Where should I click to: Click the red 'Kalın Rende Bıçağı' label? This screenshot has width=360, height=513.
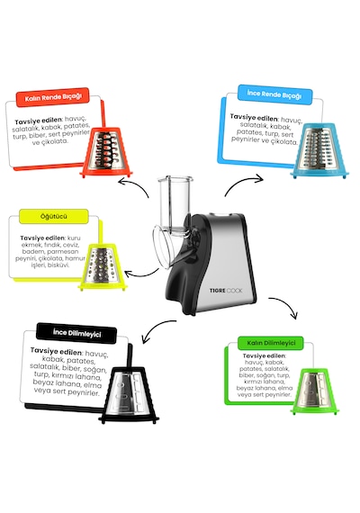coord(53,97)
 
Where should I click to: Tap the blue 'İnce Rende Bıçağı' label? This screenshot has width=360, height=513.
coord(274,94)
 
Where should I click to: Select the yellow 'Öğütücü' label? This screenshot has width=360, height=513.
coord(54,217)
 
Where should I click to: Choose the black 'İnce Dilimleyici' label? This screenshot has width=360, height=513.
coord(76,333)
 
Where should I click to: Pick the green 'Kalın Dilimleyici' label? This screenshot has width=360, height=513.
coord(271,343)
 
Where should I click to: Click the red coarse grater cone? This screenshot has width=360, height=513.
coord(105,152)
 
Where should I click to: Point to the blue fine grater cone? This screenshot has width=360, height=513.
coord(319,151)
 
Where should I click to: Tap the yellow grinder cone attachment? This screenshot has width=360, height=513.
coord(103,266)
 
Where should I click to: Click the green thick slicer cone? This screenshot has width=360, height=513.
coord(314,391)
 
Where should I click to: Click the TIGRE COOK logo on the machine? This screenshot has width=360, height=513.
coord(226,291)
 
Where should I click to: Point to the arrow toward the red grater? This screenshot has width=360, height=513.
coord(135,185)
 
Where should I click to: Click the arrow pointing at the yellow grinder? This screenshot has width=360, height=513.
coord(141,274)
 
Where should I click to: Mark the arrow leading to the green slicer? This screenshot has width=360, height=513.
coord(287,303)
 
